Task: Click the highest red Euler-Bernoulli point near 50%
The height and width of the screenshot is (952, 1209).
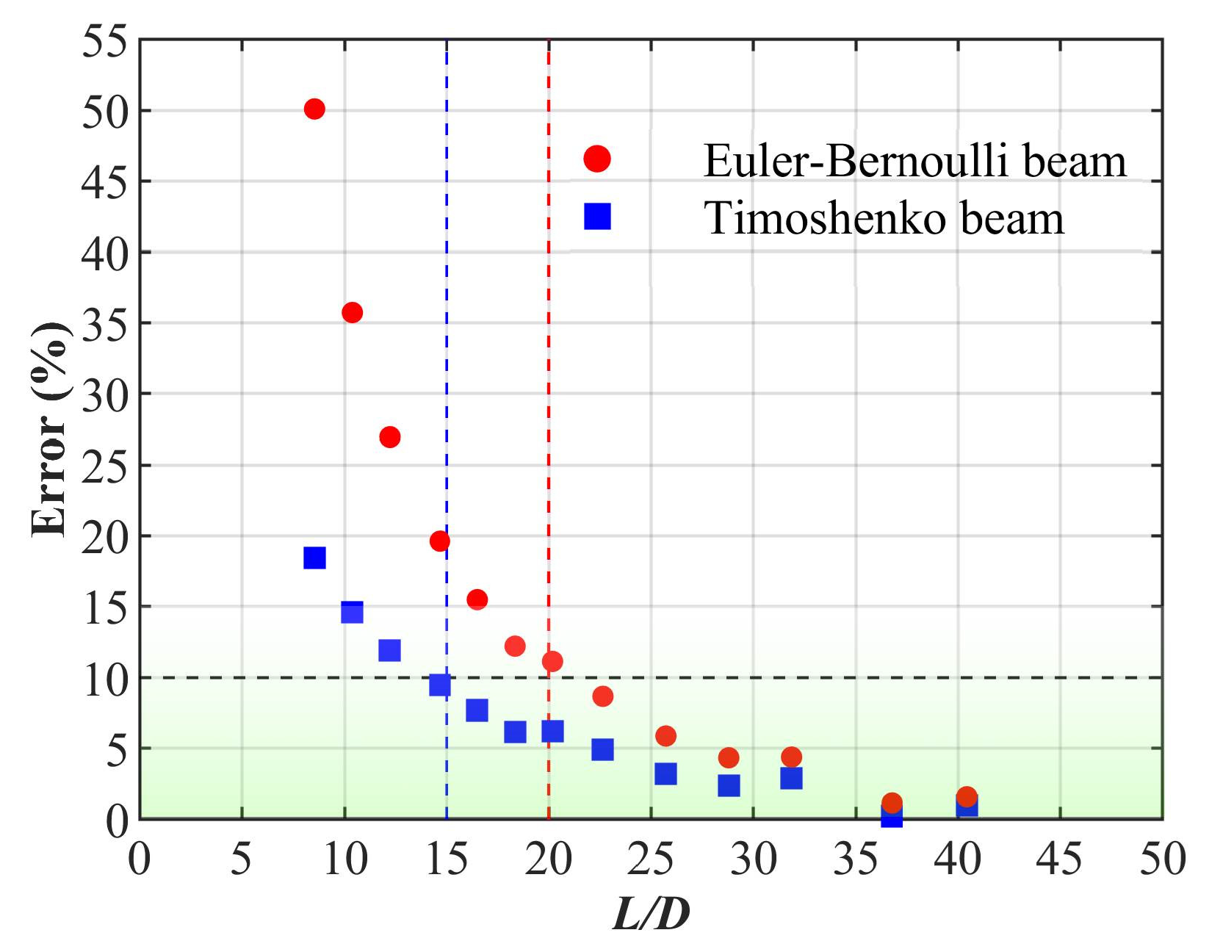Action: (314, 109)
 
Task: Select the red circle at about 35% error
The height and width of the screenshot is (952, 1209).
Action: (352, 312)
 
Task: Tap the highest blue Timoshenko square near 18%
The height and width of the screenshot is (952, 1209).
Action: (314, 558)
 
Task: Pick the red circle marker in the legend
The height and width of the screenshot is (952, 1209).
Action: (597, 159)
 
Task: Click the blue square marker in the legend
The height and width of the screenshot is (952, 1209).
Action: (597, 217)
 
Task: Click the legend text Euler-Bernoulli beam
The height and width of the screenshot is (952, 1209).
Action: (914, 161)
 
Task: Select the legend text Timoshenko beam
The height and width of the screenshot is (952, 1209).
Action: (884, 218)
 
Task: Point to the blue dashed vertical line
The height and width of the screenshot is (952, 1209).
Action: (447, 294)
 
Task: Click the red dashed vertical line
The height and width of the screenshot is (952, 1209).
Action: (549, 294)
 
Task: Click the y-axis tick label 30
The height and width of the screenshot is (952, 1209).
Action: (105, 394)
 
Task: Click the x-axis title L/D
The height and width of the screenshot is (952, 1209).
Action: (651, 915)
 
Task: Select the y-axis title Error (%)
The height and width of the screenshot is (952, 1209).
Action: (51, 430)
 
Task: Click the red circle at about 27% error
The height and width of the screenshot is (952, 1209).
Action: (390, 437)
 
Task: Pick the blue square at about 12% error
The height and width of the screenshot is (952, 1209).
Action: (389, 650)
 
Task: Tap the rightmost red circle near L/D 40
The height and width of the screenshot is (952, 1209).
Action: (967, 796)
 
